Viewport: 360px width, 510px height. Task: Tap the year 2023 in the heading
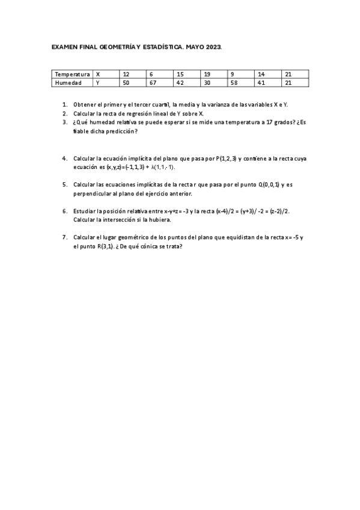click(213, 46)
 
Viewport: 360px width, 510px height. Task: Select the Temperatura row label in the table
click(72, 74)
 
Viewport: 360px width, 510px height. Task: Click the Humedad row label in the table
click(68, 82)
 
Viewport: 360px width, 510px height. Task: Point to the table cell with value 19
click(207, 74)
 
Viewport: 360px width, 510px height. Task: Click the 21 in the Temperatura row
click(288, 74)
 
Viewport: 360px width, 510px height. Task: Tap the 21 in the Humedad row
click(288, 82)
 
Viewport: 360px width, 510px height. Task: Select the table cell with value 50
click(126, 82)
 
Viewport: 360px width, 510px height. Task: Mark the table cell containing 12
click(126, 74)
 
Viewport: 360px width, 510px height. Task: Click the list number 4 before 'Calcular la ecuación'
click(64, 159)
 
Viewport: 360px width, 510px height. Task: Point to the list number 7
click(64, 238)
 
